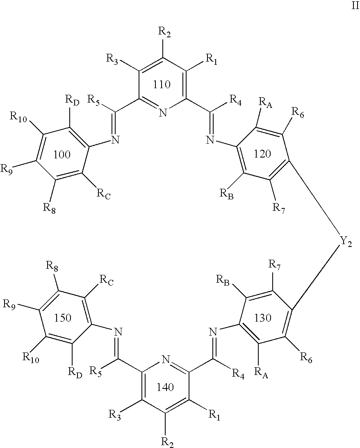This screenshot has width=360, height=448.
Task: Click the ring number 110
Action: [162, 84]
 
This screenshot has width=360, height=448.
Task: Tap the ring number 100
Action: [62, 155]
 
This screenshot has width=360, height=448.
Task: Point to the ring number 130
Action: [263, 318]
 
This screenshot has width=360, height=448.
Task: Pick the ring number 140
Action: [166, 387]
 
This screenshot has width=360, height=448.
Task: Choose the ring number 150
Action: [63, 318]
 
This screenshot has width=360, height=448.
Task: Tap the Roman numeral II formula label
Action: [355, 6]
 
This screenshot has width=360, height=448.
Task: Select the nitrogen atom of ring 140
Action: [166, 359]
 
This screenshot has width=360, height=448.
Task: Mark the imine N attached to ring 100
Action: [115, 140]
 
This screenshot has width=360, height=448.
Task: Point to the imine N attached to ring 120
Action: [211, 140]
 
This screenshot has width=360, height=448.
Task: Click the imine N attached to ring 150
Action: [118, 332]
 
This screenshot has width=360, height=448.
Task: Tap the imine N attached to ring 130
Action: [213, 332]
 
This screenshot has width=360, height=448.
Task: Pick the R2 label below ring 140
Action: [167, 442]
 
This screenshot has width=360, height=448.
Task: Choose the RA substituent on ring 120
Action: [266, 102]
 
